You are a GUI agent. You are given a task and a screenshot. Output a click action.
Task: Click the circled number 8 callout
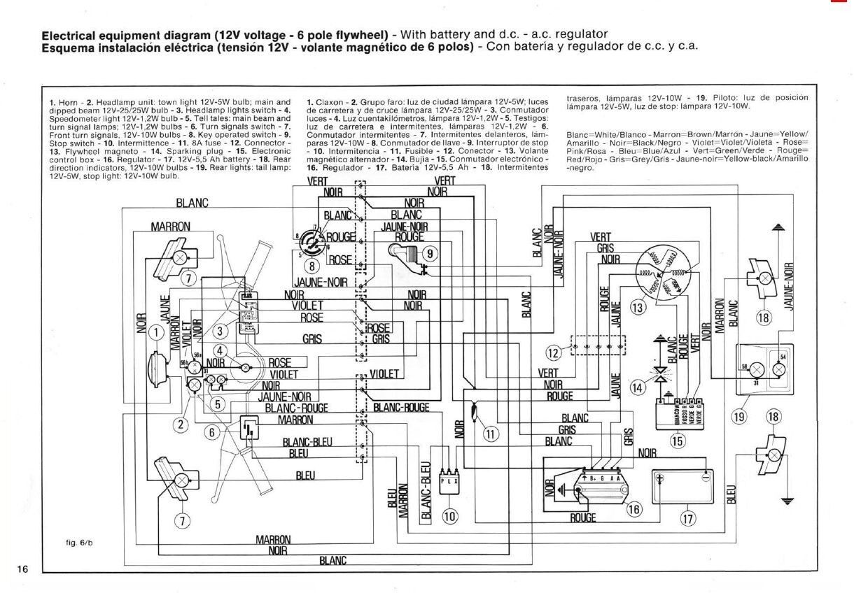pos(313,266)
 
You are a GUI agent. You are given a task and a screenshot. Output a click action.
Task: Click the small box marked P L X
pos(449,481)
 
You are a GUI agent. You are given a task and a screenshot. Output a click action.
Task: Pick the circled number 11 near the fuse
pos(491,434)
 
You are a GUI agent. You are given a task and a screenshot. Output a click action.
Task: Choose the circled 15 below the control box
pos(676,441)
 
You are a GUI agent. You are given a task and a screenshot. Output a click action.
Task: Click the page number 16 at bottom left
pos(22,569)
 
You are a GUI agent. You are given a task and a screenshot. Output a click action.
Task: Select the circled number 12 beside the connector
pos(554,352)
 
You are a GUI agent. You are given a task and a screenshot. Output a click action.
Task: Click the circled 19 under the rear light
pos(739,417)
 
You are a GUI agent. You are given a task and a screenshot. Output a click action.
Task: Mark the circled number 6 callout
pos(211,432)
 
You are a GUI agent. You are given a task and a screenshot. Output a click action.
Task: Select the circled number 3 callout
pos(222,330)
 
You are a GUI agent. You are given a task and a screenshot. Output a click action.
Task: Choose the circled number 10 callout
pos(450,517)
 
